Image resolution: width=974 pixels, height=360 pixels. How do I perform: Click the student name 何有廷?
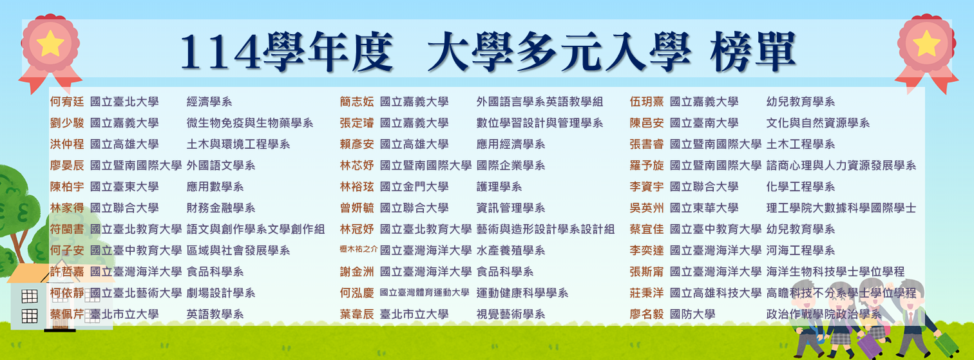click(67, 102)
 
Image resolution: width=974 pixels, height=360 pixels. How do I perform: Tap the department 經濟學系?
click(209, 102)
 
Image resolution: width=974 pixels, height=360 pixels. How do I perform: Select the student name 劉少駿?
click(67, 123)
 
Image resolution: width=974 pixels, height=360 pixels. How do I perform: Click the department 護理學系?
click(499, 187)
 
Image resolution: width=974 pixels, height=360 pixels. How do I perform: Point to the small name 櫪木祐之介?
click(358, 249)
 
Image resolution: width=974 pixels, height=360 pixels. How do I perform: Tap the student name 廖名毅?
click(647, 314)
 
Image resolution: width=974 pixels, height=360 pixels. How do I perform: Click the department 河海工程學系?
click(800, 251)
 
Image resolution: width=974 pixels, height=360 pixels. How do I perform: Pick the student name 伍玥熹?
click(647, 102)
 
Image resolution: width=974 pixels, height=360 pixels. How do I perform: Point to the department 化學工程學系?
click(800, 187)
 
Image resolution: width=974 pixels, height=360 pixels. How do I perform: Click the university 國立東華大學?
click(704, 208)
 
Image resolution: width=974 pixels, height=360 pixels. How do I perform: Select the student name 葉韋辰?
click(357, 314)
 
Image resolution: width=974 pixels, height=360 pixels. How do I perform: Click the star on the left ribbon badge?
click(50, 44)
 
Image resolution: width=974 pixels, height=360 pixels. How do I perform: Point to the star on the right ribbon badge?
click(927, 44)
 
